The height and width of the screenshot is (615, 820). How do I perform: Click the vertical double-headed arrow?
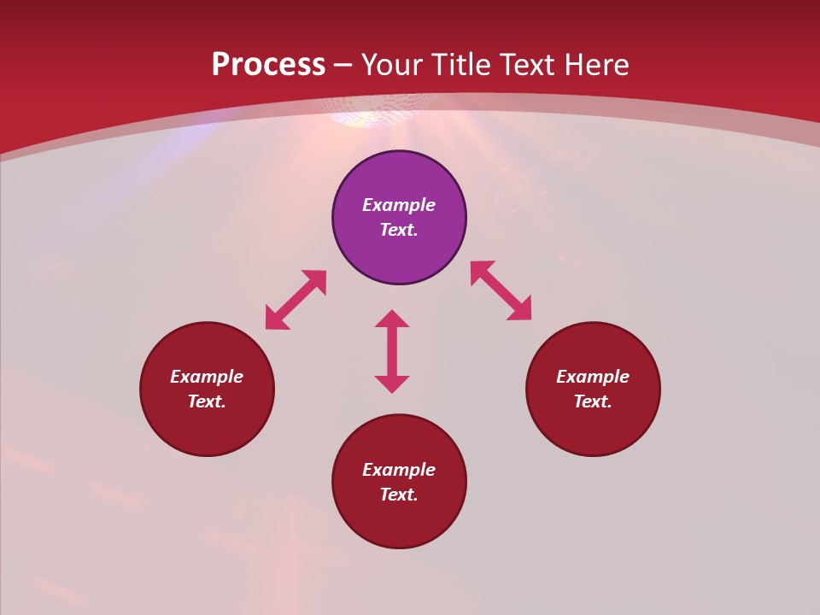pyautogui.click(x=392, y=351)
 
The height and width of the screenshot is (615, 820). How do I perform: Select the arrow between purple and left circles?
pyautogui.click(x=296, y=300)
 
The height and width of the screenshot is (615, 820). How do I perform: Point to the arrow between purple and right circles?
pyautogui.click(x=501, y=290)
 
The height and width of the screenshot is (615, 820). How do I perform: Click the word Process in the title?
pyautogui.click(x=268, y=65)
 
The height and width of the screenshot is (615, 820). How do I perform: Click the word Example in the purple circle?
pyautogui.click(x=399, y=205)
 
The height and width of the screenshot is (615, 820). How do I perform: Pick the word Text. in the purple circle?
pyautogui.click(x=399, y=230)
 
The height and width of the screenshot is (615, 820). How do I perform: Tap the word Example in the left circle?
pyautogui.click(x=207, y=377)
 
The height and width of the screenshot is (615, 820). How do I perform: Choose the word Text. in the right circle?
pyautogui.click(x=593, y=401)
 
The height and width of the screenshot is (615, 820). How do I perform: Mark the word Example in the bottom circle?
pyautogui.click(x=399, y=470)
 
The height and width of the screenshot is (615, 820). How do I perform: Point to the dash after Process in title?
pyautogui.click(x=343, y=65)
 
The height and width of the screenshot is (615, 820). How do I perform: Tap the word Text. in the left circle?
pyautogui.click(x=207, y=401)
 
